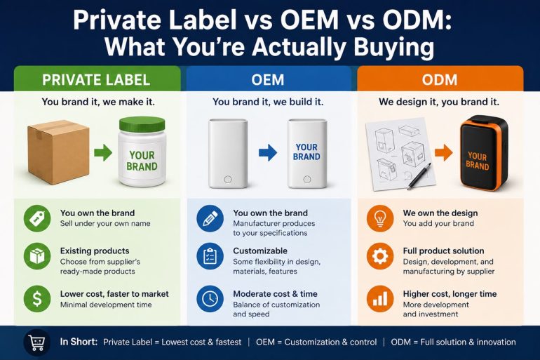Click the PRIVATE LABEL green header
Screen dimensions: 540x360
tap(97, 79)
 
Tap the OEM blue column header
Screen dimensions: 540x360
tap(269, 79)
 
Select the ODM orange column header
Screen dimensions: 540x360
tap(440, 79)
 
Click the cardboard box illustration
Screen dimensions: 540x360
tap(58, 152)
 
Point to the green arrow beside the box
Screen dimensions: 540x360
tap(103, 152)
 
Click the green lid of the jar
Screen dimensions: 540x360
tap(142, 124)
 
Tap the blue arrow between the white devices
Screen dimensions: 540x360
tap(268, 152)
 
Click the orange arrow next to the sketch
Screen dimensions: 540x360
tap(443, 152)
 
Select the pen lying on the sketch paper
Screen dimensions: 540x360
tap(419, 176)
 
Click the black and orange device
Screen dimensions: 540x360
tap(483, 152)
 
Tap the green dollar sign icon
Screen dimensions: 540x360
tap(37, 298)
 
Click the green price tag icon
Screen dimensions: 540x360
tap(37, 218)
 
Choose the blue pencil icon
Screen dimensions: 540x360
tap(210, 218)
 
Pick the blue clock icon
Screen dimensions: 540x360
tap(210, 298)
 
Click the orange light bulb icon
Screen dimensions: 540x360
tap(380, 218)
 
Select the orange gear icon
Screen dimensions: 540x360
tap(380, 256)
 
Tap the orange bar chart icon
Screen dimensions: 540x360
tap(380, 298)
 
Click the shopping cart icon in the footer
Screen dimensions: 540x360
tap(37, 342)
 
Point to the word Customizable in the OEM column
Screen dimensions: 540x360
tap(260, 251)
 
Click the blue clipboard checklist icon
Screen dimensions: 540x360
tap(210, 256)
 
